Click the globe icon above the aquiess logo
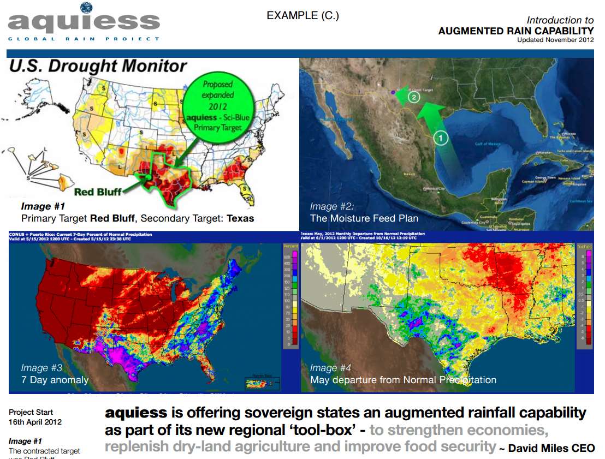click(x=86, y=7)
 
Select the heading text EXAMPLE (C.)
click(x=302, y=16)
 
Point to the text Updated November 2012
click(x=555, y=40)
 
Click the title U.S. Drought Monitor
click(x=98, y=67)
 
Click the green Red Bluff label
click(x=98, y=192)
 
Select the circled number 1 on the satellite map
click(x=441, y=138)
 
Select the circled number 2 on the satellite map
click(x=413, y=97)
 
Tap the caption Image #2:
click(x=332, y=206)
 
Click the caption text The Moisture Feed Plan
click(x=364, y=218)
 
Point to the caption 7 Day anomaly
click(x=55, y=380)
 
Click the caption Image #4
click(x=331, y=368)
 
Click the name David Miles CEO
click(x=551, y=449)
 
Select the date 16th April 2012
click(x=35, y=422)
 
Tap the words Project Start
click(x=31, y=412)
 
